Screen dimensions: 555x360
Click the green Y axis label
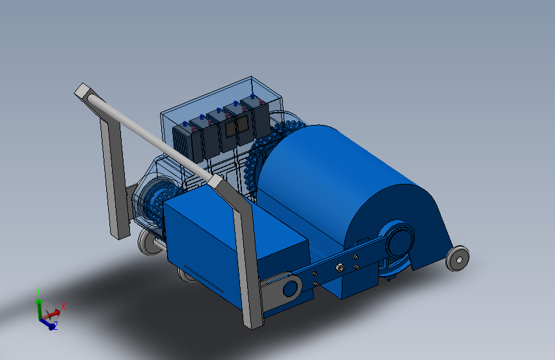coord(38,291)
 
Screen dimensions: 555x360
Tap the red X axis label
coord(63,306)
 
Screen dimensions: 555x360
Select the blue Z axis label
coord(55,325)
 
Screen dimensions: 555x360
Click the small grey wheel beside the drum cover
coord(458,259)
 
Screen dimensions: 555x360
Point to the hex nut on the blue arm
coord(340,267)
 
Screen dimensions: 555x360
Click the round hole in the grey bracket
coord(290,288)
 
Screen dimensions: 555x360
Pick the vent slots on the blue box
coord(203,279)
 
